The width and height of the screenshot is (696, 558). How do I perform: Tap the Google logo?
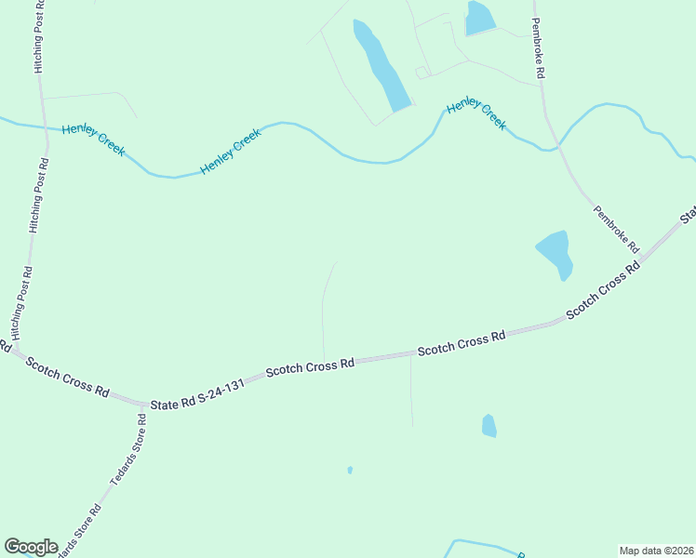click(31, 547)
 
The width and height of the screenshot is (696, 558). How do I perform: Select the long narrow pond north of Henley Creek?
click(381, 65)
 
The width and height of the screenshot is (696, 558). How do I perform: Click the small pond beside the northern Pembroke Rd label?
click(480, 18)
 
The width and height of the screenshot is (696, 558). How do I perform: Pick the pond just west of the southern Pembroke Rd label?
click(555, 252)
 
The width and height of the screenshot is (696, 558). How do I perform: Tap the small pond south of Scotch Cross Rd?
click(489, 426)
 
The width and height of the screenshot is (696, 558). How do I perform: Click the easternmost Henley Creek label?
click(476, 115)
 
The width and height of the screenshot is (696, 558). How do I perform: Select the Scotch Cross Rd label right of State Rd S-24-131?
click(310, 367)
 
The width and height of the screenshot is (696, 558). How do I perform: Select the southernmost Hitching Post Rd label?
click(21, 302)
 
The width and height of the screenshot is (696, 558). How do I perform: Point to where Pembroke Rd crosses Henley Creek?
click(557, 146)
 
